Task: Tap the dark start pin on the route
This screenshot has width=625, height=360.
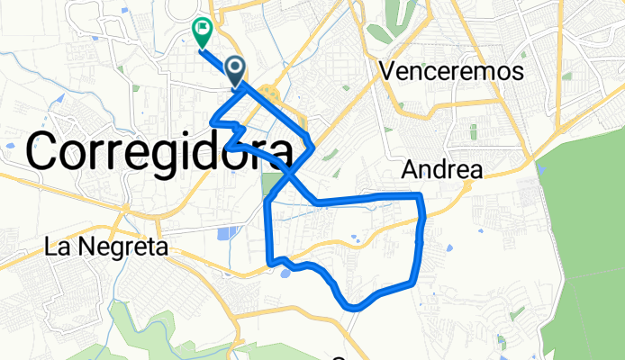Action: click(235, 70)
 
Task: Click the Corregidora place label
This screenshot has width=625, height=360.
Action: click(161, 150)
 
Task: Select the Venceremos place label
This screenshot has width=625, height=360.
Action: click(451, 71)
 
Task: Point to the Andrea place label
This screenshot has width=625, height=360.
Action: click(441, 169)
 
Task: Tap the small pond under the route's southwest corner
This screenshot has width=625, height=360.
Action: click(286, 273)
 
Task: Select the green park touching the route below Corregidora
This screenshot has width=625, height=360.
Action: click(270, 184)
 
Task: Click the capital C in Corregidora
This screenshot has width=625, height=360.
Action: click(48, 150)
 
